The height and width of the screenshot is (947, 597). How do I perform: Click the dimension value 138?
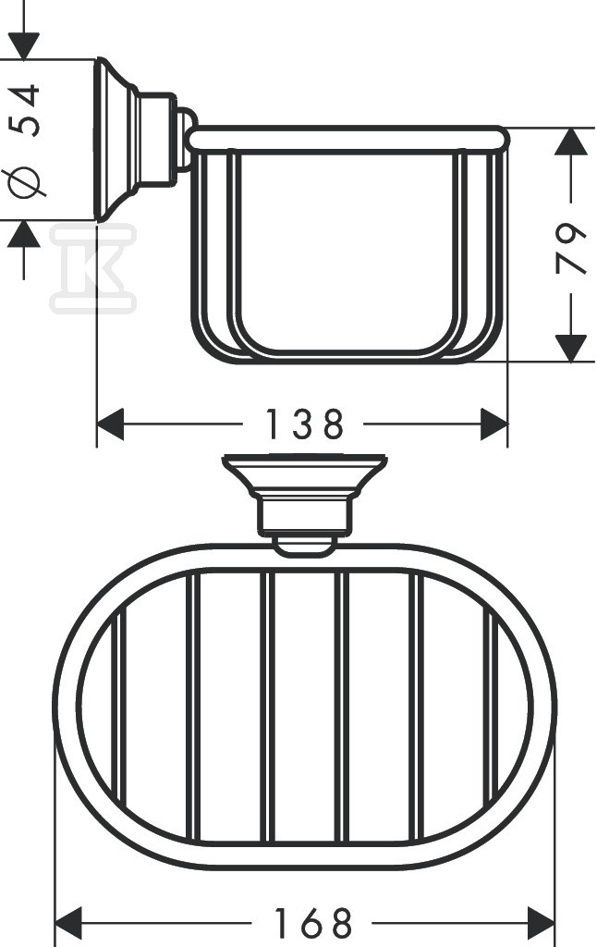coord(304,424)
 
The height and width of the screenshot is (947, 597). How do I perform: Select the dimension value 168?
coord(313,923)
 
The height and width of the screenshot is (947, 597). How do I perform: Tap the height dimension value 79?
coord(573,248)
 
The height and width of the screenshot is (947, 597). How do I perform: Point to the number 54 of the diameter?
coord(28,110)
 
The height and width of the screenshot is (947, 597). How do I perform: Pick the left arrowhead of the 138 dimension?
coord(111,425)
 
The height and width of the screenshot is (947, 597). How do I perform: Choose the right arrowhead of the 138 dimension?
coord(493,425)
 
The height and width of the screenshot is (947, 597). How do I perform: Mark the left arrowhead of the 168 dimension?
coord(69,923)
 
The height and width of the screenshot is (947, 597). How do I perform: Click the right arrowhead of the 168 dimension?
coord(541,923)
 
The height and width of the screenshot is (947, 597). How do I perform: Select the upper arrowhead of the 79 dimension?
coord(573,143)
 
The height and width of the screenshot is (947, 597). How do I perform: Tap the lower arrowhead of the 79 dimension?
coord(573,347)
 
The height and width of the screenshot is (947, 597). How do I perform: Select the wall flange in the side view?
coord(116,139)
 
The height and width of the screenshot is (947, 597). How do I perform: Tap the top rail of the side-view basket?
coord(347,139)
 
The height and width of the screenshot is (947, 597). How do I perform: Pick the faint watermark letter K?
coord(92,268)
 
